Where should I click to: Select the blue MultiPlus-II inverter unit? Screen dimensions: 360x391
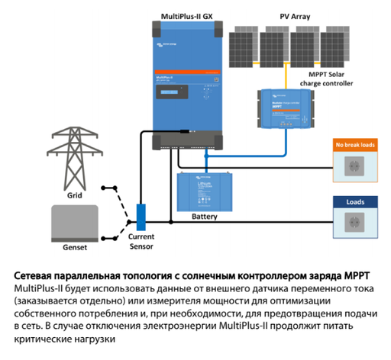tap(183, 84)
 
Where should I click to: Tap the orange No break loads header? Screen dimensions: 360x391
tap(353, 144)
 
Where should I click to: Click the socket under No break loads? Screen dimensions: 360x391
tap(353, 166)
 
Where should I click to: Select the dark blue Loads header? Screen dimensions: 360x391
tap(353, 204)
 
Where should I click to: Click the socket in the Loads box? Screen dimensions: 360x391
tap(353, 225)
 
